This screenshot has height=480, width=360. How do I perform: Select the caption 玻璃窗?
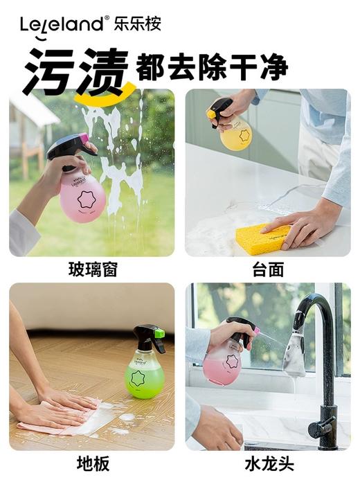tap(92, 269)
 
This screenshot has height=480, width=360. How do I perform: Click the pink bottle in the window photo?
tap(82, 194)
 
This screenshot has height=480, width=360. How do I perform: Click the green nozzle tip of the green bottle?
tap(160, 334)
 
